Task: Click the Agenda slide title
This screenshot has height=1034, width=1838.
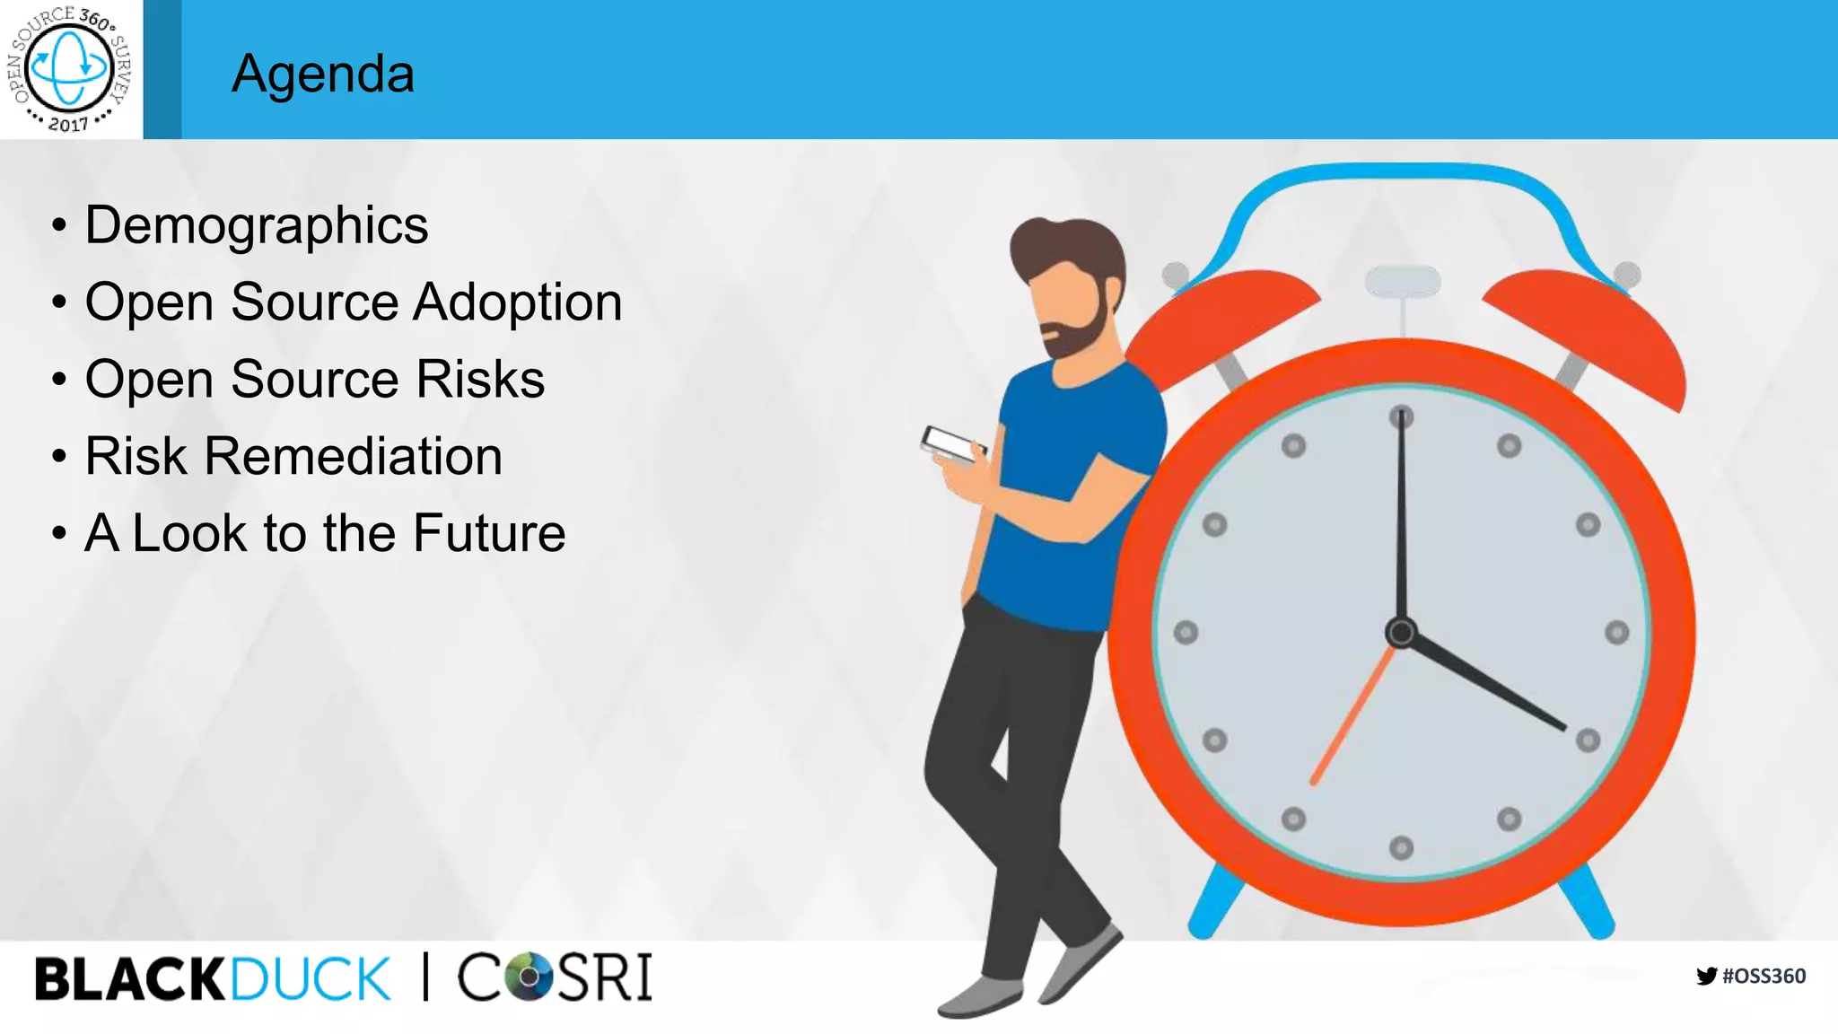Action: (x=323, y=74)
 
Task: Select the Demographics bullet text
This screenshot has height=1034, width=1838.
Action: (x=256, y=225)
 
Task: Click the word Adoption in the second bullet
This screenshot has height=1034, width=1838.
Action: (x=517, y=302)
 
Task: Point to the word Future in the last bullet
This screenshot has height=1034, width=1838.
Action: (x=489, y=533)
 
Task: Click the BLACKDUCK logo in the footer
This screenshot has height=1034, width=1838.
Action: (x=213, y=978)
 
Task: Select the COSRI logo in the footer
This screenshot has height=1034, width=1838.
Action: (x=555, y=977)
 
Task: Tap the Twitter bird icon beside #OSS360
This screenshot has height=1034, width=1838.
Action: (x=1706, y=976)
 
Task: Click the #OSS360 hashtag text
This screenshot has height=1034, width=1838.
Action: (x=1764, y=976)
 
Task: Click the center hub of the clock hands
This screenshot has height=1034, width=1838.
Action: (x=1401, y=632)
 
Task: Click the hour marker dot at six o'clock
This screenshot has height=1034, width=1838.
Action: (x=1401, y=846)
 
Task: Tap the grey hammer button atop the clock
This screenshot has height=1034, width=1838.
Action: (x=1402, y=281)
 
